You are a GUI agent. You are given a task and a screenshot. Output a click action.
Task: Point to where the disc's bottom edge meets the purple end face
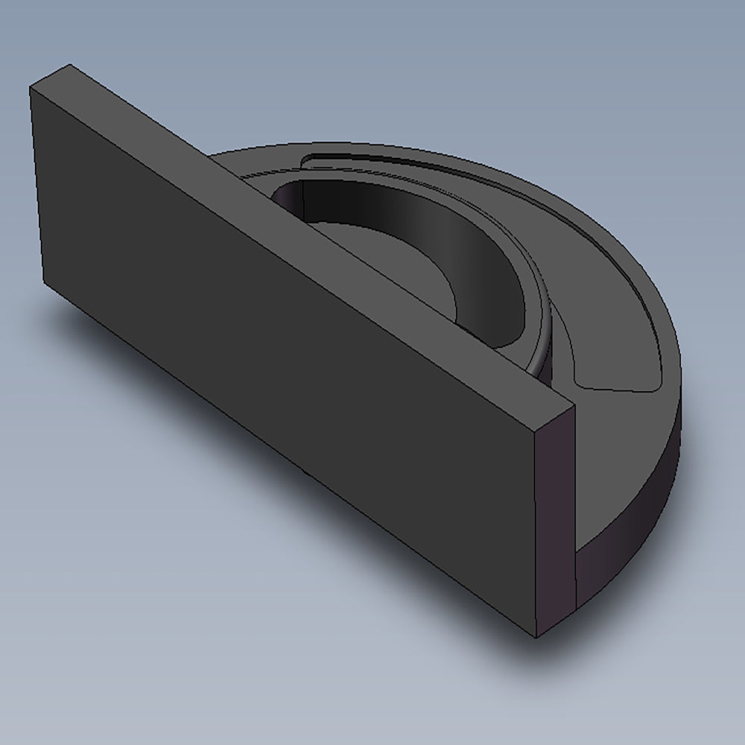click(576, 605)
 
